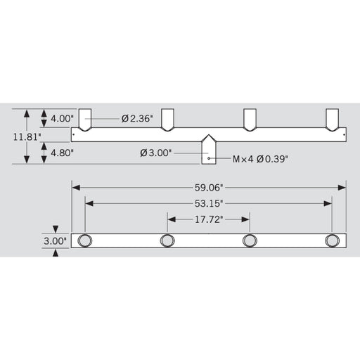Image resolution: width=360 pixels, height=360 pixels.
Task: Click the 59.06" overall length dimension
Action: [209, 187]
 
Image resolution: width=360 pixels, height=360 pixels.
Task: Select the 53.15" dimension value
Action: [209, 203]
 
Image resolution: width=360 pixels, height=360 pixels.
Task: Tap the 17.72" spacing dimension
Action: [208, 219]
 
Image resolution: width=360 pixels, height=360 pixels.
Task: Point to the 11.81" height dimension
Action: [27, 136]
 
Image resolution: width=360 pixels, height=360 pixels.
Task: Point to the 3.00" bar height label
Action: [56, 240]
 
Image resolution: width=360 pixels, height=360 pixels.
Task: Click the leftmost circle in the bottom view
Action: [85, 241]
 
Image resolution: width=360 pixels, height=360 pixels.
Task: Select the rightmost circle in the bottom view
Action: [332, 241]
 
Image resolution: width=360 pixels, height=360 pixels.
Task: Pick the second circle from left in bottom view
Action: [167, 241]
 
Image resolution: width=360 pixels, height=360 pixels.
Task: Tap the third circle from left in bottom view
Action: [250, 241]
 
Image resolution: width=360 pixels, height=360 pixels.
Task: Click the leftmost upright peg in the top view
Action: [85, 120]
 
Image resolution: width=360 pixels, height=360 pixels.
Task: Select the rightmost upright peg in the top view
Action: [332, 120]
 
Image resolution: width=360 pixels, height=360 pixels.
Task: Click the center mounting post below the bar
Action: [209, 150]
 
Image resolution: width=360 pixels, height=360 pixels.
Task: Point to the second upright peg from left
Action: [167, 120]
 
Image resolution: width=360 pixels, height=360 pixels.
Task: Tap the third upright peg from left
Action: [250, 120]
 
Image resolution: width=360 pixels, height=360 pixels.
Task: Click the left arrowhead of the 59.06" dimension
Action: [75, 187]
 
